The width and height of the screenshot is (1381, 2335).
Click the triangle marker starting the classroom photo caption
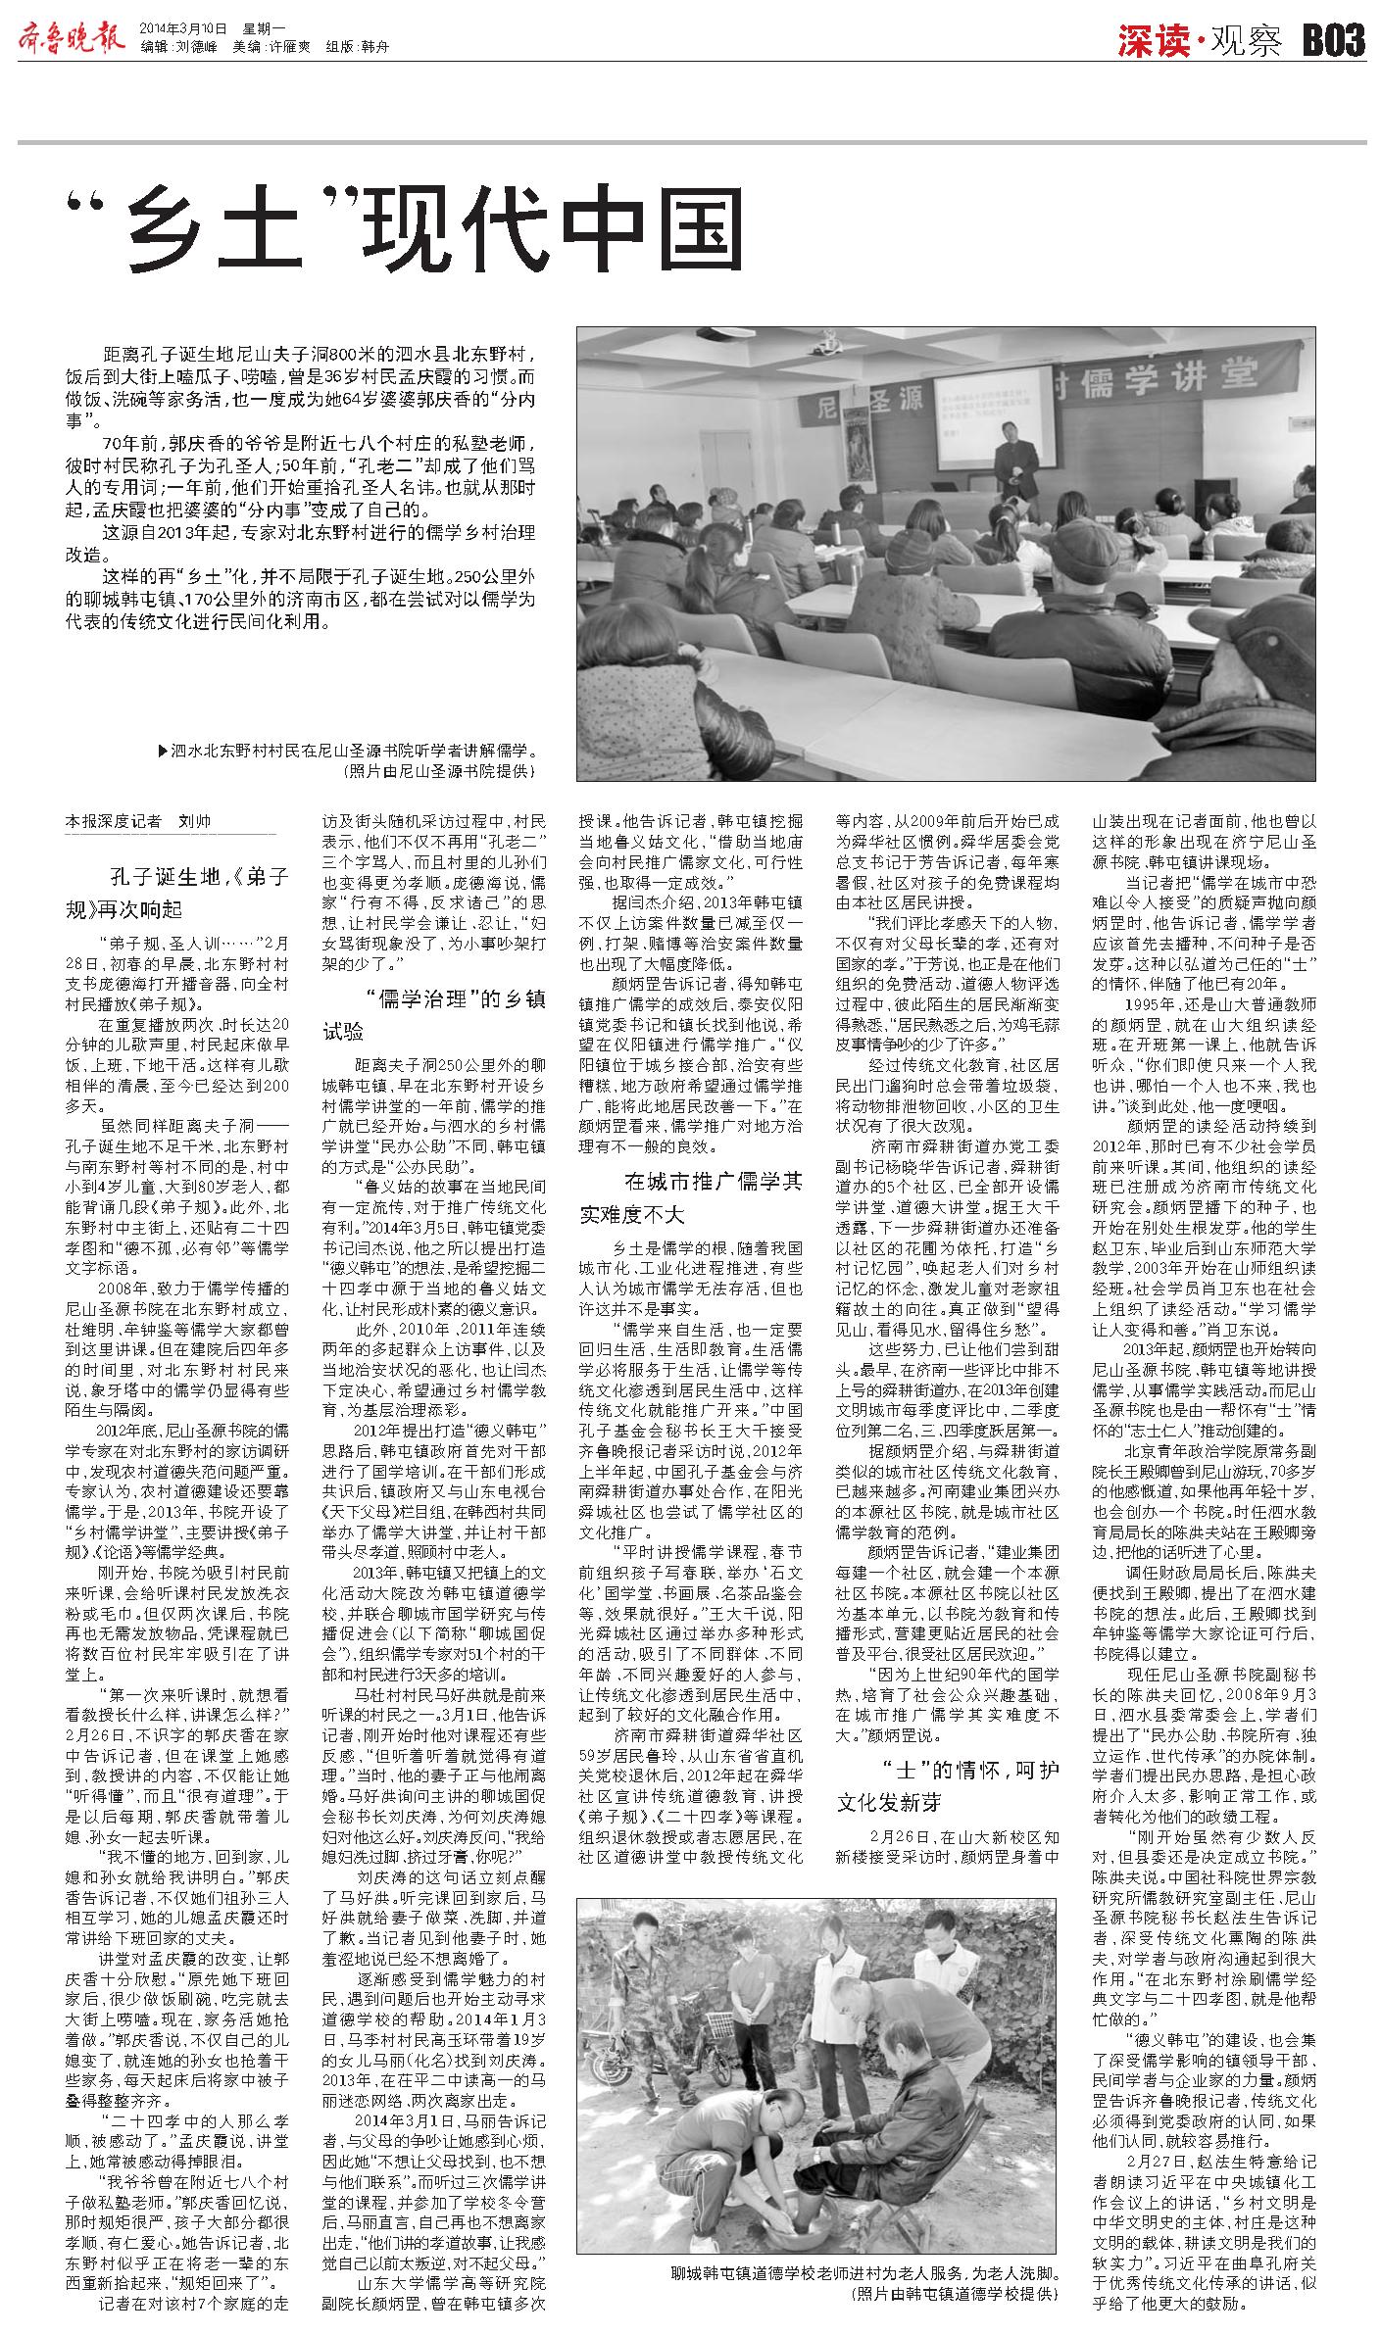pyautogui.click(x=163, y=753)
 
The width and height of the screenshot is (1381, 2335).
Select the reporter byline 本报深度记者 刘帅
pyautogui.click(x=138, y=821)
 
